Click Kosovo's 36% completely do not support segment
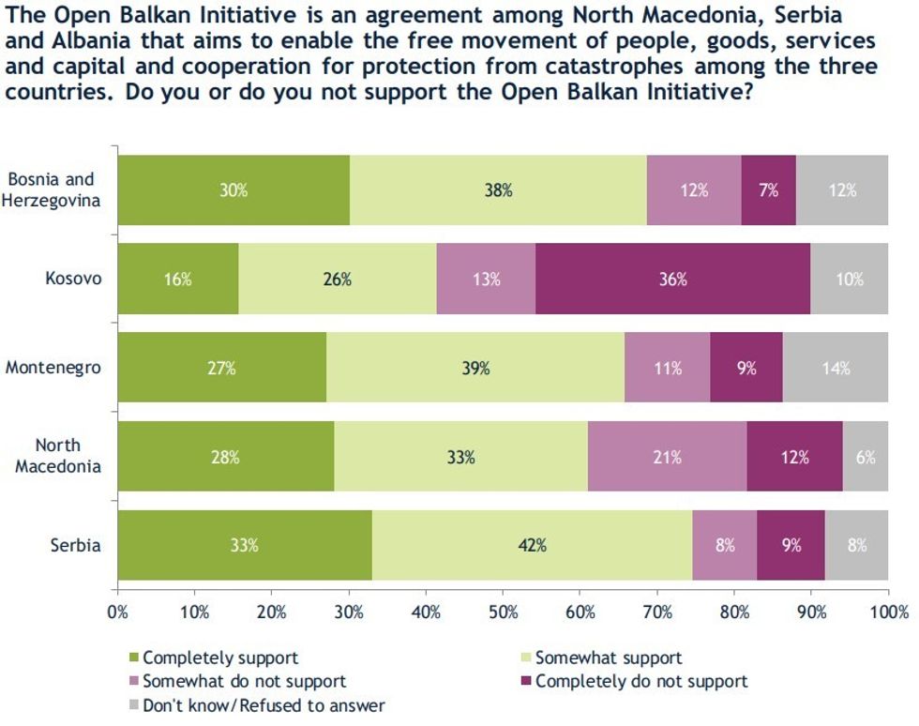pyautogui.click(x=672, y=279)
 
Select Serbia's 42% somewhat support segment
pyautogui.click(x=532, y=544)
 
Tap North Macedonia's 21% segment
pyautogui.click(x=668, y=457)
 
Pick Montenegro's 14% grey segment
pyautogui.click(x=835, y=368)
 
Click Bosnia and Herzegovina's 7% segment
pyautogui.click(x=768, y=190)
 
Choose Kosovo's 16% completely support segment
pyautogui.click(x=178, y=279)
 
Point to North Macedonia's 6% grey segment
pyautogui.click(x=864, y=457)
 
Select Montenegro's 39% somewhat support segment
pyautogui.click(x=475, y=368)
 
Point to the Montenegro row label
pyautogui.click(x=53, y=368)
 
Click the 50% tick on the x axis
pyautogui.click(x=503, y=613)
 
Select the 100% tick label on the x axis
pyautogui.click(x=888, y=613)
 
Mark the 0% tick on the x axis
pyautogui.click(x=118, y=613)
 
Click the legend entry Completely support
pyautogui.click(x=220, y=658)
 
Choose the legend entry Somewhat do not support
pyautogui.click(x=244, y=681)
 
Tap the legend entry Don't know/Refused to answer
pyautogui.click(x=264, y=704)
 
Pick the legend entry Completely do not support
pyautogui.click(x=641, y=681)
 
